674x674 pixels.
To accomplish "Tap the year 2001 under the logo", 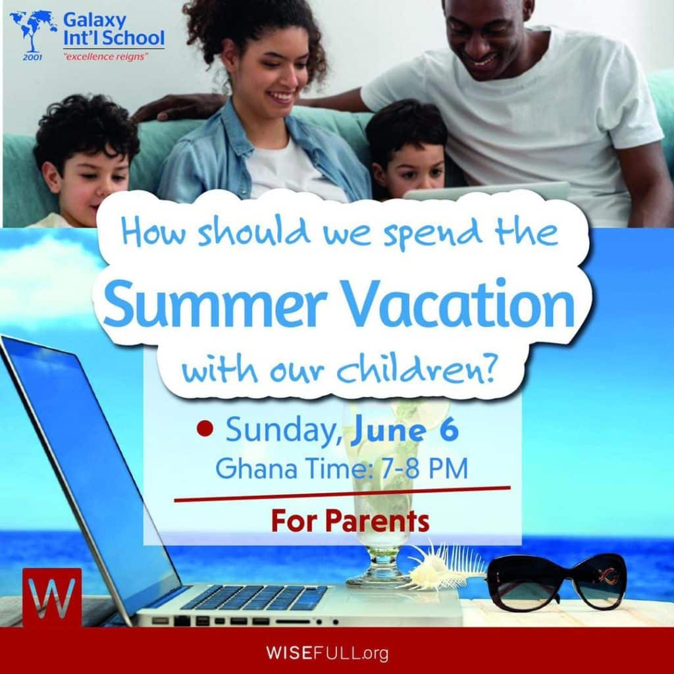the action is [32, 57].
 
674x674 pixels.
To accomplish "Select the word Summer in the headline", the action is [213, 303].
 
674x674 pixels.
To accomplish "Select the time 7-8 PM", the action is [425, 468].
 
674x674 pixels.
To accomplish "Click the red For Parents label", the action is [350, 521].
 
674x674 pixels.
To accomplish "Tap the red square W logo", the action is [52, 597].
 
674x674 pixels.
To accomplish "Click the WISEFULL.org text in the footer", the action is [327, 653].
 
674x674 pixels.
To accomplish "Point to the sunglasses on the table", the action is [557, 582].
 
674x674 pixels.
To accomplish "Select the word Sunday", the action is [284, 430].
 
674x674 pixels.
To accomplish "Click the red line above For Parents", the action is [342, 494].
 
